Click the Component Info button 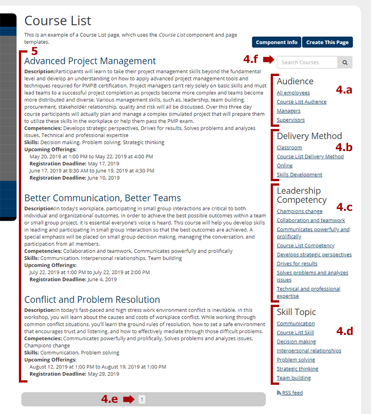click(277, 42)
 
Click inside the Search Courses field click(307, 62)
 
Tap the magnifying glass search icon click(345, 62)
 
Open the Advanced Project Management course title click(90, 61)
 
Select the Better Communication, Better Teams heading click(103, 198)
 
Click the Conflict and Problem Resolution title click(92, 300)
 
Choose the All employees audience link click(293, 93)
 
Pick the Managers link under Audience click(289, 111)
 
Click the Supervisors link click(291, 120)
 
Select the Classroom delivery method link click(289, 147)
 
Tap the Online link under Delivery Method click(285, 165)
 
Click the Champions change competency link click(299, 211)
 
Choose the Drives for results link click(297, 264)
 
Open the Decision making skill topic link click(296, 342)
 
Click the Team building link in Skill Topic click(294, 378)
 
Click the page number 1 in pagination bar click(142, 399)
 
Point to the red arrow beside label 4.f click(268, 59)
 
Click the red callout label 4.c click(344, 207)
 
